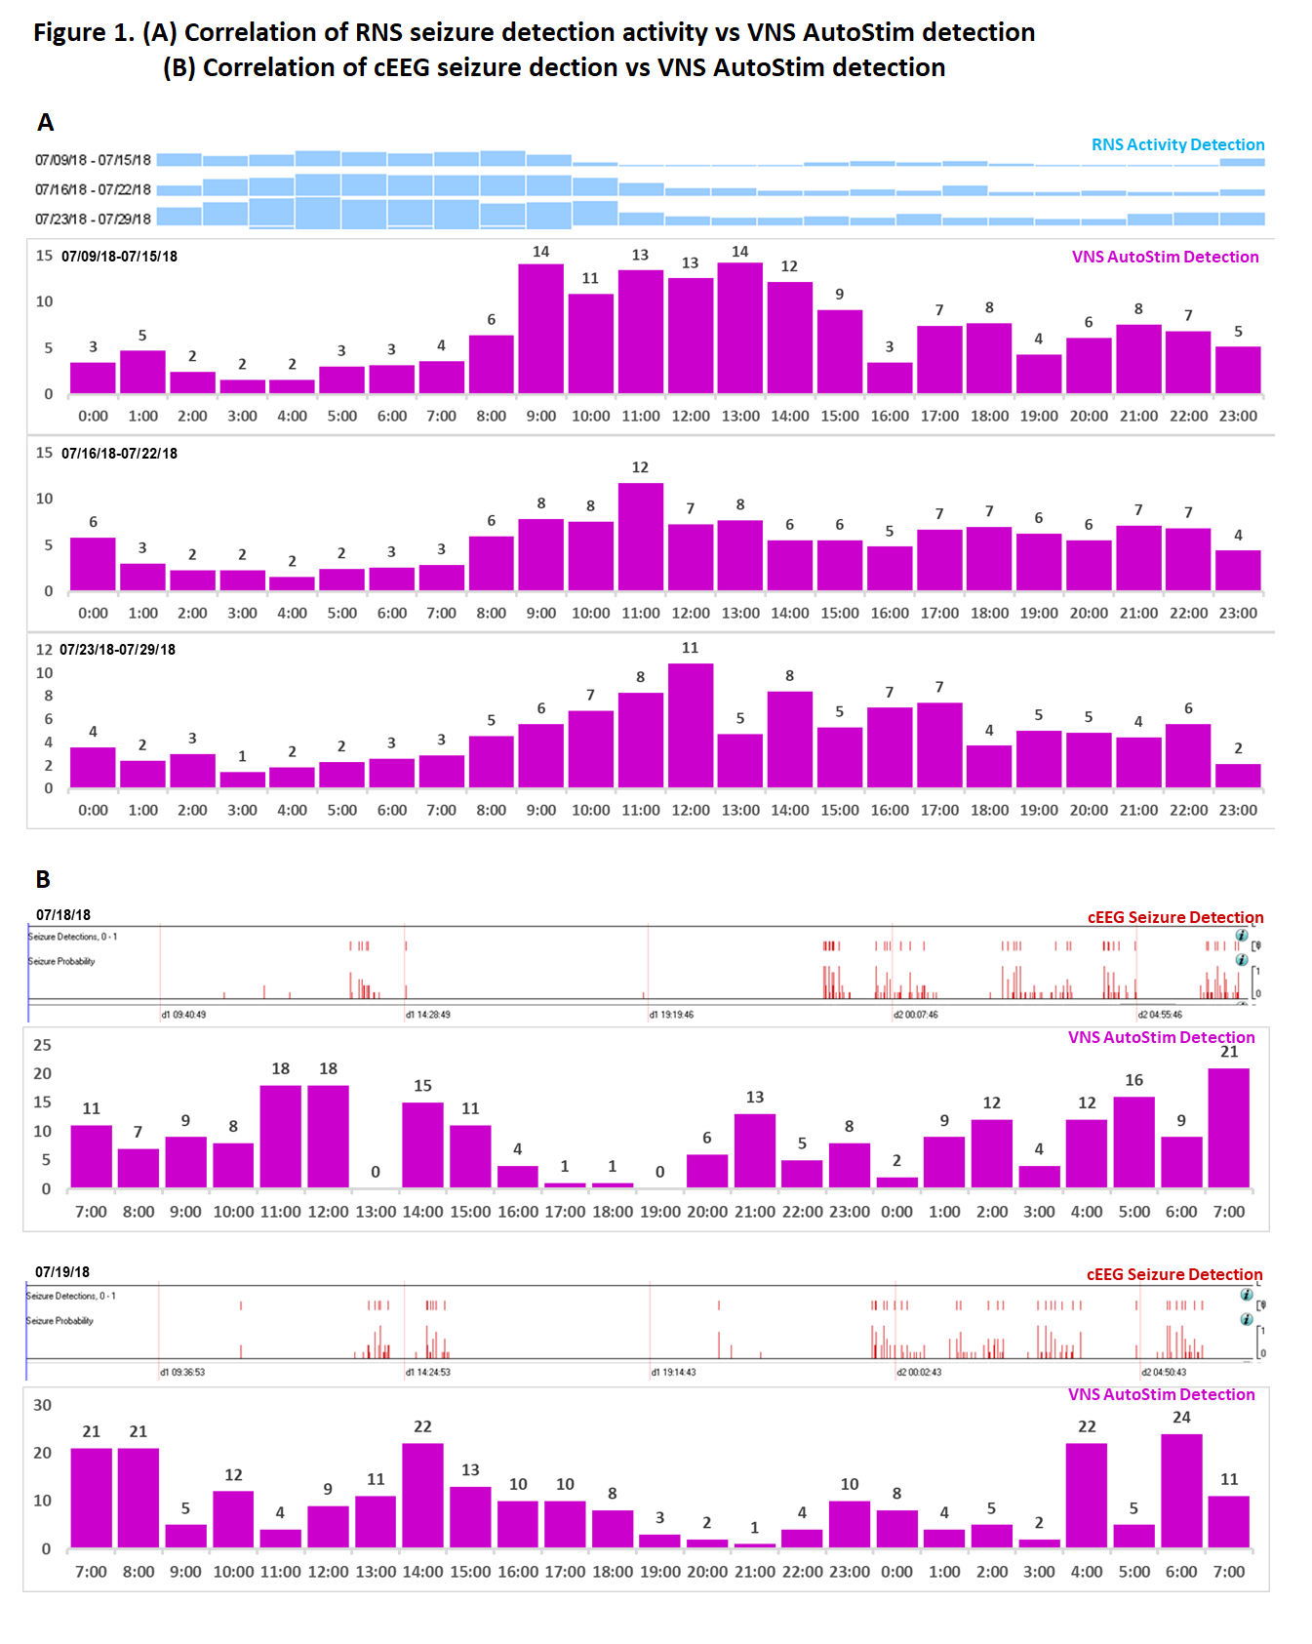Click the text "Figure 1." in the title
click(x=83, y=32)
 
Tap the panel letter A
click(x=45, y=123)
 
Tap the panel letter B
click(x=43, y=879)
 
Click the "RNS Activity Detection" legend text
click(x=1177, y=144)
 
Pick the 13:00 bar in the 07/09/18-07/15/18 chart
click(x=740, y=329)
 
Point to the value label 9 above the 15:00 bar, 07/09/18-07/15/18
click(x=839, y=294)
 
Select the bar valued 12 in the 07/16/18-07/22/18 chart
click(x=640, y=537)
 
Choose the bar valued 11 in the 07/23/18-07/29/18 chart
click(x=690, y=725)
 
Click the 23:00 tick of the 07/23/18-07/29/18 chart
click(x=1238, y=810)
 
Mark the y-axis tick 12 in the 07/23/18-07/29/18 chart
click(x=44, y=650)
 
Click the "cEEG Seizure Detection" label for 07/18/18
click(x=1174, y=917)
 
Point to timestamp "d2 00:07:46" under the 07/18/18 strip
click(x=916, y=1015)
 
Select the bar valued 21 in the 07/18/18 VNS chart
click(x=1228, y=1128)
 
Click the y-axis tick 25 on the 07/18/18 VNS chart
click(x=42, y=1045)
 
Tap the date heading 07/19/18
click(x=62, y=1272)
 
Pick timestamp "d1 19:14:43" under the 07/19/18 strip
click(x=674, y=1372)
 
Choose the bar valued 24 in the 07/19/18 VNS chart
click(x=1181, y=1490)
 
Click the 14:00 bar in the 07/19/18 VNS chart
click(x=422, y=1495)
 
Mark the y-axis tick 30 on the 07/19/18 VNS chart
click(x=42, y=1405)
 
